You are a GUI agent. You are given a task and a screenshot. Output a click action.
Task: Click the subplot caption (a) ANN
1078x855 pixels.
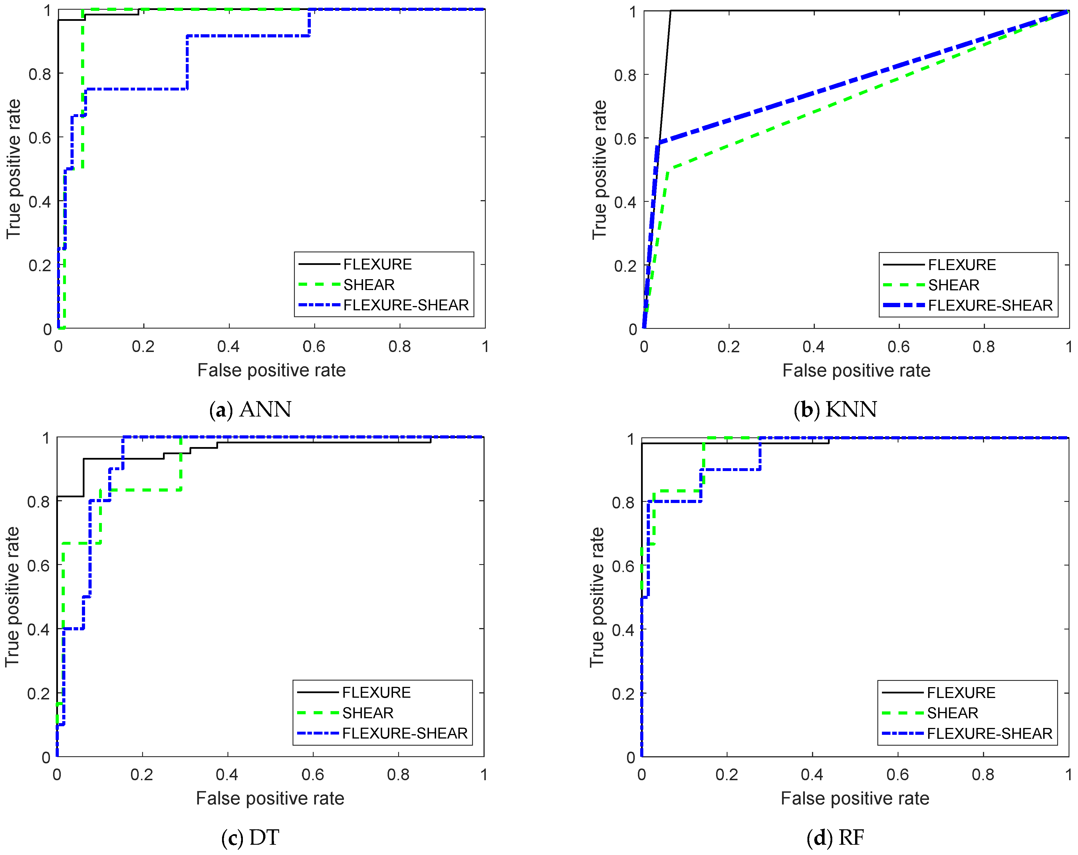[250, 409]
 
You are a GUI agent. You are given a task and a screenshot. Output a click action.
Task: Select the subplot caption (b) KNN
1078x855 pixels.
[835, 409]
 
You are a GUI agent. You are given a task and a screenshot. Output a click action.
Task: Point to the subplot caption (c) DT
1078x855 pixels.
[250, 838]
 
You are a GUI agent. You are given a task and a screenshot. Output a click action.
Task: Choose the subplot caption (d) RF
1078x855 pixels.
[835, 838]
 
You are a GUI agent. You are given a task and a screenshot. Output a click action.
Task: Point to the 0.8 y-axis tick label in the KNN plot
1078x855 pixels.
[625, 75]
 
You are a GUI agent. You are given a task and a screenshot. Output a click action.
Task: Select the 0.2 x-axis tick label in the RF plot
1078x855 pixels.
[726, 774]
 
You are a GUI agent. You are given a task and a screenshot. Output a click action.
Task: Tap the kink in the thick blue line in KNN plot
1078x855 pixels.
[658, 144]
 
